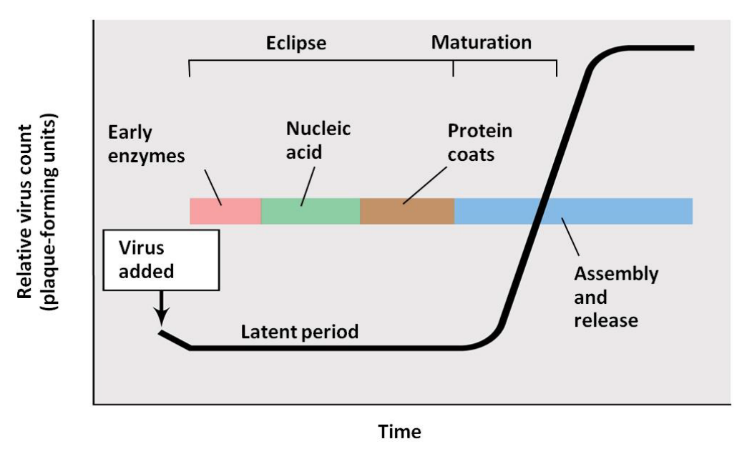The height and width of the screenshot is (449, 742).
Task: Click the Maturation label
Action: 481,42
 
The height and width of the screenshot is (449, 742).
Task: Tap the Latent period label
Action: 299,332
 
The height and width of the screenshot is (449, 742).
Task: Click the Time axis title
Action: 399,432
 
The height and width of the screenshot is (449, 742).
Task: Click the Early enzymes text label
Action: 146,144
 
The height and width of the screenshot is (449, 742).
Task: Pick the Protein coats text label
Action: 479,142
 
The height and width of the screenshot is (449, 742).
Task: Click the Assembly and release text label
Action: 615,296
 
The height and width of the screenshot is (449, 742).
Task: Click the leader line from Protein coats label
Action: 426,184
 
